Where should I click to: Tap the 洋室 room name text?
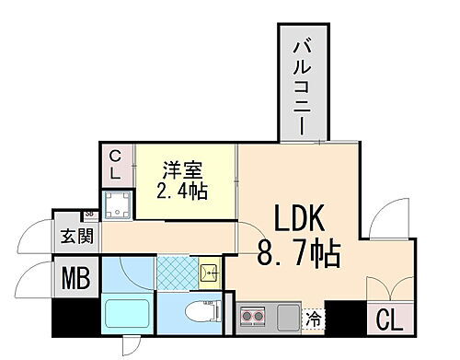(x=180, y=171)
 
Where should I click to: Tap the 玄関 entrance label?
(x=76, y=237)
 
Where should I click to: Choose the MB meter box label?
(x=76, y=277)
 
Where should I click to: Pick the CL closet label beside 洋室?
(x=117, y=166)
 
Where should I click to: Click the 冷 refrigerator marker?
(x=315, y=319)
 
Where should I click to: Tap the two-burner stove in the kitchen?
(x=251, y=319)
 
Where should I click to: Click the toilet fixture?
(x=199, y=311)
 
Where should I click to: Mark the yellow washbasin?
(x=209, y=273)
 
